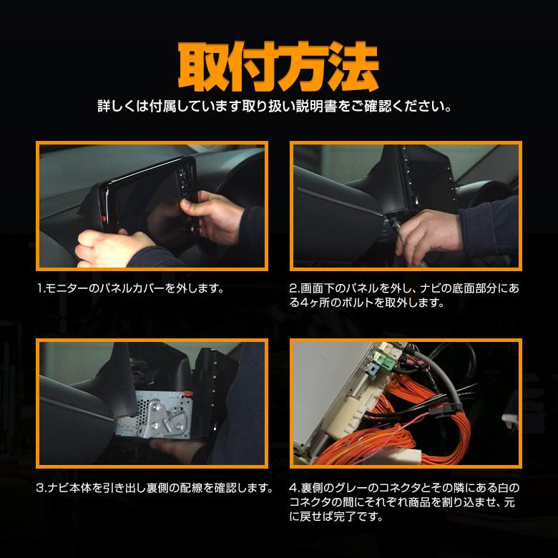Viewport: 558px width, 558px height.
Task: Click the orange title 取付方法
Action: [278, 67]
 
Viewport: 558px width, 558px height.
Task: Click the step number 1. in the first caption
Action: [41, 290]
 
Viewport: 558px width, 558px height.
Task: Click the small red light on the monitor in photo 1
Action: [105, 217]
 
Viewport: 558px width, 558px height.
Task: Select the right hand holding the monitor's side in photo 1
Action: [215, 215]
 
